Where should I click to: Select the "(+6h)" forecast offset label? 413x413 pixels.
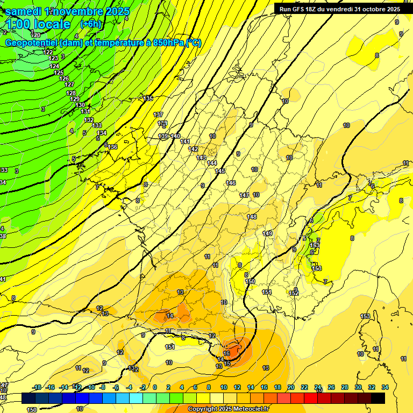pos(90,24)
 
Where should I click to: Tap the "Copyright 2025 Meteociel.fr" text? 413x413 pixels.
pos(228,409)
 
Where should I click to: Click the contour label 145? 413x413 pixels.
pos(220,171)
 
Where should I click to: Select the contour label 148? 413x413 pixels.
pos(252,217)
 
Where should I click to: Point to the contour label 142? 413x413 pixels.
pos(194,149)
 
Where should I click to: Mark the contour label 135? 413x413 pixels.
pos(148,98)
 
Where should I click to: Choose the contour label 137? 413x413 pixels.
pos(158,115)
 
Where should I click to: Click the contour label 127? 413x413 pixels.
pos(69,84)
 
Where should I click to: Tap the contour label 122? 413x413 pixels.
pos(49,52)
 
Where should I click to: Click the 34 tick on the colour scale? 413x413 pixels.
pos(384,387)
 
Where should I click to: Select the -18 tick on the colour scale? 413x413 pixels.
pos(37,387)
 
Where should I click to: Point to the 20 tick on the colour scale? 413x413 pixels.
pos(290,387)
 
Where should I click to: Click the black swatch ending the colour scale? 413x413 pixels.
pos(378,398)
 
